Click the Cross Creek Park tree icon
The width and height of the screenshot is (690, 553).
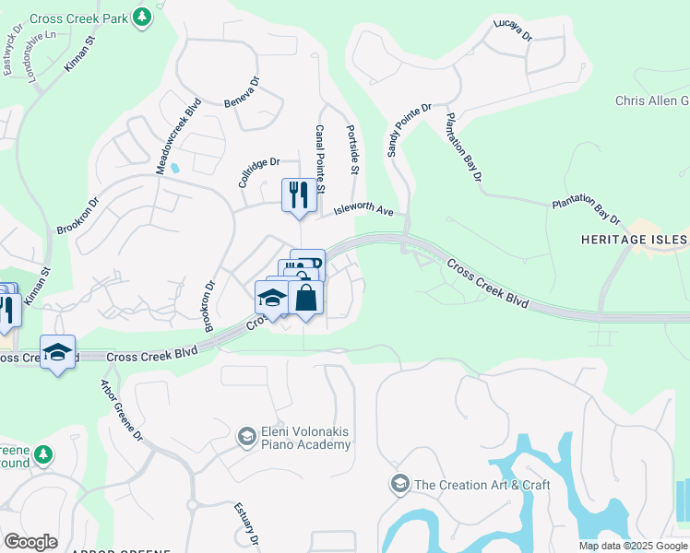click(141, 18)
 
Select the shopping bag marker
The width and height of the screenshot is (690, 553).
click(306, 298)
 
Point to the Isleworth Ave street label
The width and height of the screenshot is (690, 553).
click(363, 210)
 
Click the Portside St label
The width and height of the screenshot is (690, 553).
click(352, 150)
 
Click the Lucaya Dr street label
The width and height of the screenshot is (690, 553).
click(513, 31)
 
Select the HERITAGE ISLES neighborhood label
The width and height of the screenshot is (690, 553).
click(635, 240)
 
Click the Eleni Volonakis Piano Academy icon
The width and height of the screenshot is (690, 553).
click(246, 434)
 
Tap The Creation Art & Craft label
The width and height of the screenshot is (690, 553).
click(482, 485)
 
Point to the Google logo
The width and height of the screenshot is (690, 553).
click(30, 542)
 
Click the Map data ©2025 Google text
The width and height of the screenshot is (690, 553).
click(633, 546)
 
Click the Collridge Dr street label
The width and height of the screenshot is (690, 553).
click(259, 171)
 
